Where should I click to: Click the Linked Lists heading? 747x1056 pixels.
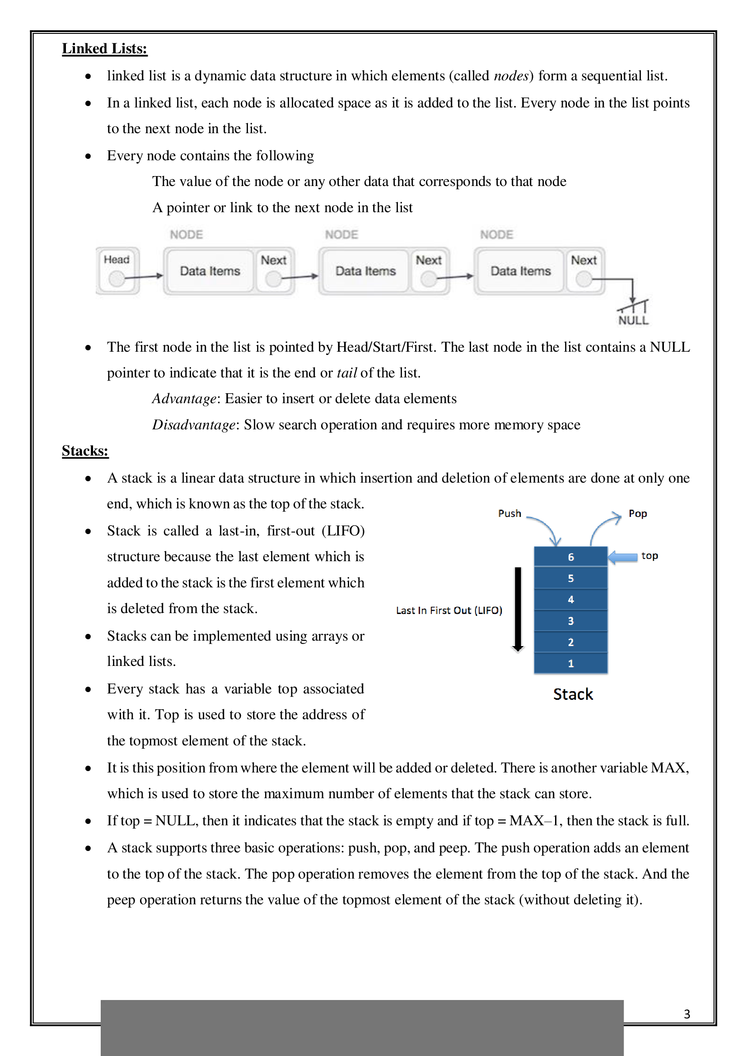point(104,49)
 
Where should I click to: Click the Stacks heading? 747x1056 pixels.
point(85,451)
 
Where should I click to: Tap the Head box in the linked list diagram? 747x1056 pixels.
point(117,270)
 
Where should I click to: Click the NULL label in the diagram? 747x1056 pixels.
point(633,321)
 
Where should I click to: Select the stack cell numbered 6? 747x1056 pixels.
point(570,557)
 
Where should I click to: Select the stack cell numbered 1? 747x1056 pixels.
point(570,663)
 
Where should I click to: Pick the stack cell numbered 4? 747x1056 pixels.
point(570,599)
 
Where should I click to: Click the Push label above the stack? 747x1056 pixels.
point(509,513)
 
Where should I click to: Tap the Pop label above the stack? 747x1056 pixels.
point(638,513)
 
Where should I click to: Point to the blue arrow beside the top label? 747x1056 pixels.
point(623,558)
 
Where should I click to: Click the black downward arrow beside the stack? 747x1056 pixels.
point(518,609)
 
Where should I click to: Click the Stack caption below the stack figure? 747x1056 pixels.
point(573,694)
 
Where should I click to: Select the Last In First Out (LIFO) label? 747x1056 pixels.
point(449,610)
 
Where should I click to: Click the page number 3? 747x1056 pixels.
point(687,1014)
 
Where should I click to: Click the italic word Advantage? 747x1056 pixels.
point(184,399)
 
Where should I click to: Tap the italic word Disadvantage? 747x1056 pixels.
point(194,425)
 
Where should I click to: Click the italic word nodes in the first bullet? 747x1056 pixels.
point(511,76)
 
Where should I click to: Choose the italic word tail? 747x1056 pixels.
point(347,373)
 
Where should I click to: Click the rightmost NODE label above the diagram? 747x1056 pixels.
point(496,235)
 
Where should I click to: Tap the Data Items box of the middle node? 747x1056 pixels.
point(365,271)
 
